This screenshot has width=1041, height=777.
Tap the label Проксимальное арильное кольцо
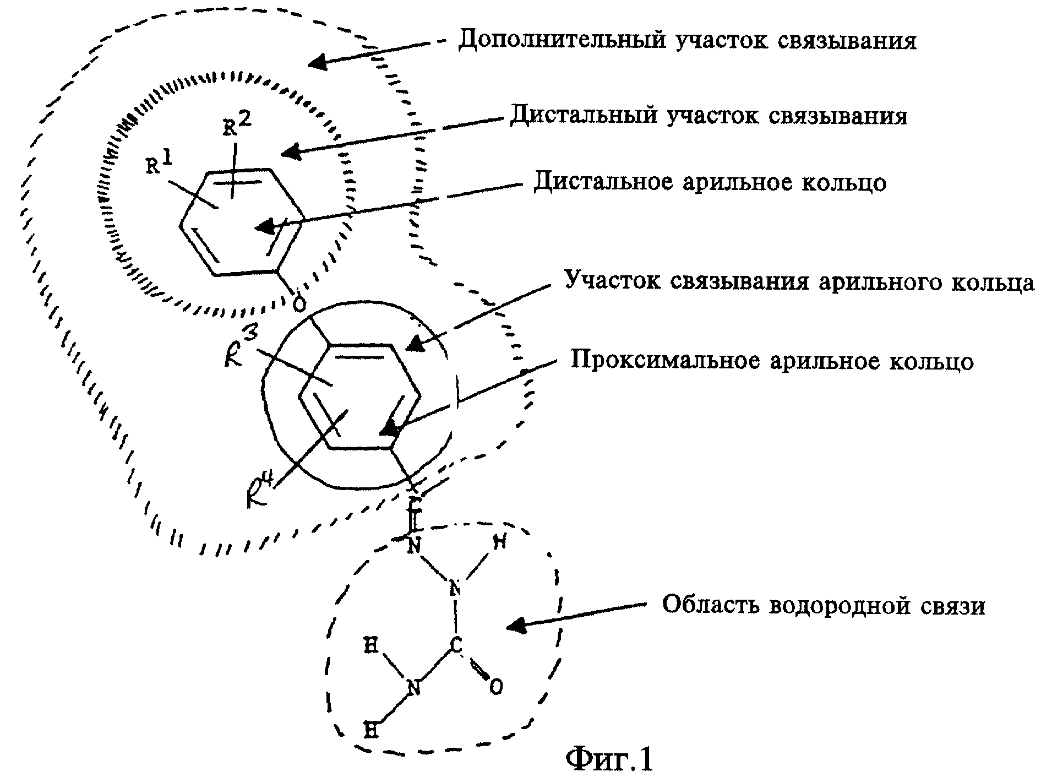point(772,362)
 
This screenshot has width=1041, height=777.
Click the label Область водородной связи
point(823,605)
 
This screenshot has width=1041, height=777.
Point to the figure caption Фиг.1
point(609,759)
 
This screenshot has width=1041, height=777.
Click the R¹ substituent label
point(160,163)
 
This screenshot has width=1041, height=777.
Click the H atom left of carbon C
point(370,644)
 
